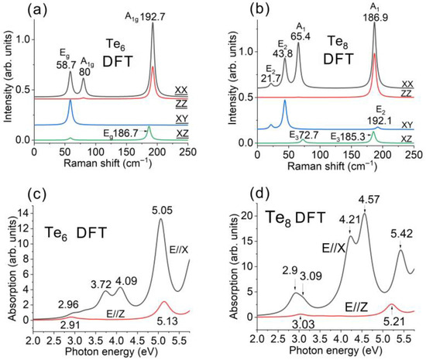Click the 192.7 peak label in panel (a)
coord(152,17)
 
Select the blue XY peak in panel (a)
coord(70,101)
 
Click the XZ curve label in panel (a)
coord(182,134)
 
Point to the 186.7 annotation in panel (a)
coord(126,133)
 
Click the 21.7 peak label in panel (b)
coord(270,78)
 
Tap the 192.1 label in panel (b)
coord(380,121)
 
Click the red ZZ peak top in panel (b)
coord(374,53)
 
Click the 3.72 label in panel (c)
coord(101,285)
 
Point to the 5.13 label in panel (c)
coord(167,321)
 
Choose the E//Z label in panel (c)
coord(116,314)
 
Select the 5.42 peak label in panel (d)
coord(401,234)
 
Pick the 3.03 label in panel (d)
coord(302,324)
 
